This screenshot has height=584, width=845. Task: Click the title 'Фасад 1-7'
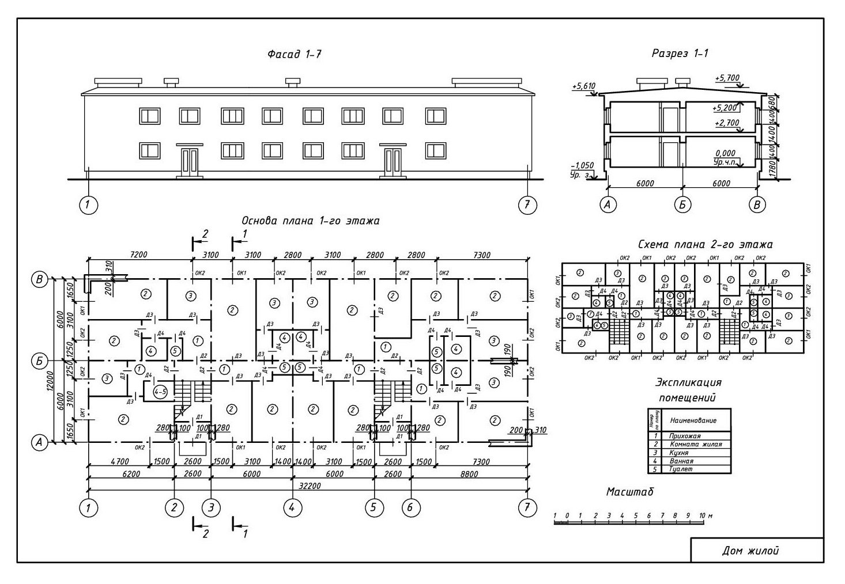[294, 55]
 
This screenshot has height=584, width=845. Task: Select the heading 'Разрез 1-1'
[680, 54]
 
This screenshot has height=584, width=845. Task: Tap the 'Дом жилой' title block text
[750, 551]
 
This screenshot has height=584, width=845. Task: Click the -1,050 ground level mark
[582, 165]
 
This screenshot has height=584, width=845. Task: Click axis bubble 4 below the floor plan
[293, 507]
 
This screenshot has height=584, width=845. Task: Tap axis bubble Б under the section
[682, 204]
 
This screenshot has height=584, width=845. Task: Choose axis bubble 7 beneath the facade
[527, 206]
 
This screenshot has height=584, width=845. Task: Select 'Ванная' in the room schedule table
[681, 461]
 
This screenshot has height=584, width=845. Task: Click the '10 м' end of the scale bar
[704, 515]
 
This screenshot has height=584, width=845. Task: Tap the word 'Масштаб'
[629, 492]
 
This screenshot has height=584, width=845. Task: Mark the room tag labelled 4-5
[161, 391]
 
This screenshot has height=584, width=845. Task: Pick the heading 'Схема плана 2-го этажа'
[705, 244]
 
